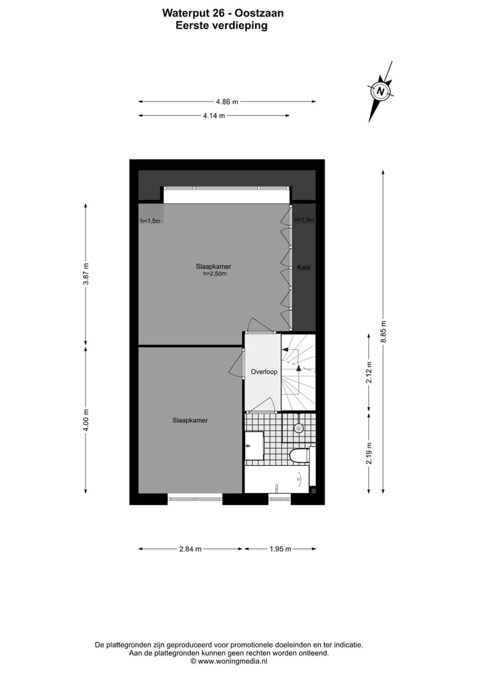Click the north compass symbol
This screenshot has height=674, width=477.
[380, 91]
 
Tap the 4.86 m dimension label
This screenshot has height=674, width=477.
[227, 101]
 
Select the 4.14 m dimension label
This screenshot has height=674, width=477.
[214, 116]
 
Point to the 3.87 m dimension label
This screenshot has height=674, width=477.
[85, 274]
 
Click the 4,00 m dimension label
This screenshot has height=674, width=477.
[85, 420]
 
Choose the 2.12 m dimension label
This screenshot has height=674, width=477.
[370, 372]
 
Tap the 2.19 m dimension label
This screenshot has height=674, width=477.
[370, 453]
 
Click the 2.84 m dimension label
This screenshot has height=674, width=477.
[190, 549]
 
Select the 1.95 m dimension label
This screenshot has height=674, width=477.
[280, 549]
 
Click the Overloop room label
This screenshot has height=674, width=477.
[264, 372]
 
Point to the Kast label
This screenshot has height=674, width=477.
[304, 268]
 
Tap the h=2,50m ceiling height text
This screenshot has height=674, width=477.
[215, 274]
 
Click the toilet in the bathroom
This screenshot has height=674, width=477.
[300, 455]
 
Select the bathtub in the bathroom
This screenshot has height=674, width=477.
[277, 478]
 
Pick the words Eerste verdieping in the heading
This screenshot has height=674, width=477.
[221, 25]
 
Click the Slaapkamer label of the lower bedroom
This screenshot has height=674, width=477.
[190, 420]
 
